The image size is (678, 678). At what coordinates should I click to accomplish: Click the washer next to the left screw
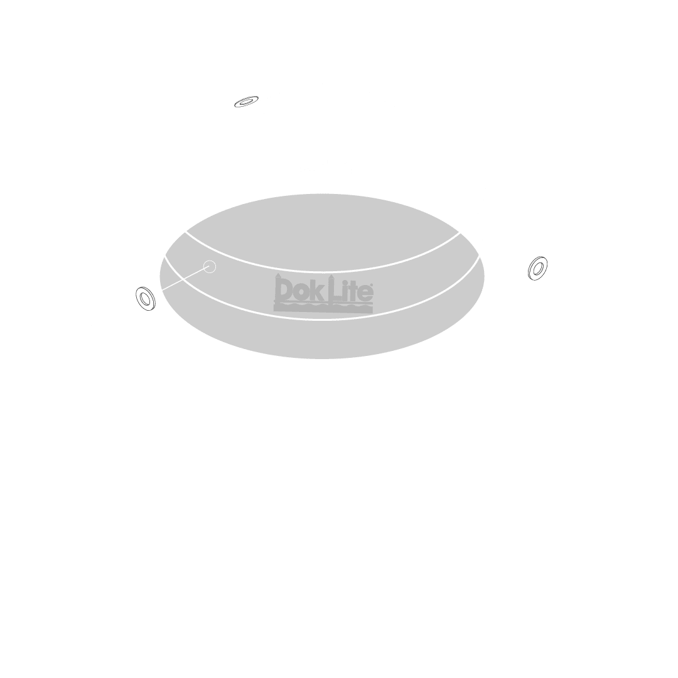pos(145,298)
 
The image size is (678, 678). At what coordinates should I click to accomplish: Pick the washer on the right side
pos(537,267)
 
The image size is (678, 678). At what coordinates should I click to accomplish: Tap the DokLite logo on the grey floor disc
pos(324,293)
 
